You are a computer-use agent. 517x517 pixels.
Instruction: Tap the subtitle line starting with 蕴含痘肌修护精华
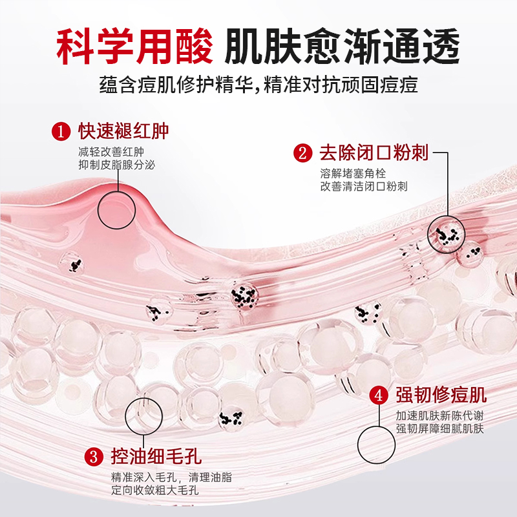coord(258,85)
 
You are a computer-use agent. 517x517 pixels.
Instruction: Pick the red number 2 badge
coord(302,153)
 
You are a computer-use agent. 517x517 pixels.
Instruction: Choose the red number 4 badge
coord(379,395)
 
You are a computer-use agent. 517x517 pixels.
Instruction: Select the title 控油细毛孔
coord(156,457)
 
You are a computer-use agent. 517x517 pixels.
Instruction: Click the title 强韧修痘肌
coord(441,395)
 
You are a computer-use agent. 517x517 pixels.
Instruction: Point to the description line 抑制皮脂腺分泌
coord(116,165)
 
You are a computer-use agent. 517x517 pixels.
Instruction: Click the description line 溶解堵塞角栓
coord(355,173)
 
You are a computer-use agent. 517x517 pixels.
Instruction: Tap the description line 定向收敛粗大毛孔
coord(154,491)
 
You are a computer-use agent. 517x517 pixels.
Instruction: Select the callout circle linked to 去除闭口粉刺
coord(445,235)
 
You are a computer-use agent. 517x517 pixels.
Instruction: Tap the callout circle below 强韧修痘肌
coord(377,445)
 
